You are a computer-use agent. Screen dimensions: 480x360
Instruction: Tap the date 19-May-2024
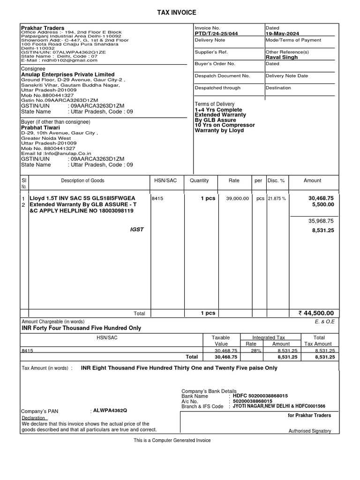click(282, 34)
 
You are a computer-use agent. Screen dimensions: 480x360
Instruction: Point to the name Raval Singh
click(282, 57)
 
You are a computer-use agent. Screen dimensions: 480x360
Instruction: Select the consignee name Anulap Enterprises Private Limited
click(68, 75)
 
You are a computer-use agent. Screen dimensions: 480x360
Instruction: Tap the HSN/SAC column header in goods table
click(164, 180)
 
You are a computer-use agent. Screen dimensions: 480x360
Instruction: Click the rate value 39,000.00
click(237, 199)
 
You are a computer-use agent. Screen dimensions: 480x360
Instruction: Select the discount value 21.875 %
click(277, 199)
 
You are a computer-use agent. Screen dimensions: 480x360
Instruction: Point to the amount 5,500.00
click(323, 205)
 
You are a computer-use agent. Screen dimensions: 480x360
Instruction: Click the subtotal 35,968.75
click(321, 221)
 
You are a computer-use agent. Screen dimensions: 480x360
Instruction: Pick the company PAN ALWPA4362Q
click(110, 410)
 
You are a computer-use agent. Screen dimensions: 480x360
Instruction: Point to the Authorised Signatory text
click(309, 431)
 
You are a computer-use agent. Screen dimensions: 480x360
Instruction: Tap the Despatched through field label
click(217, 88)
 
